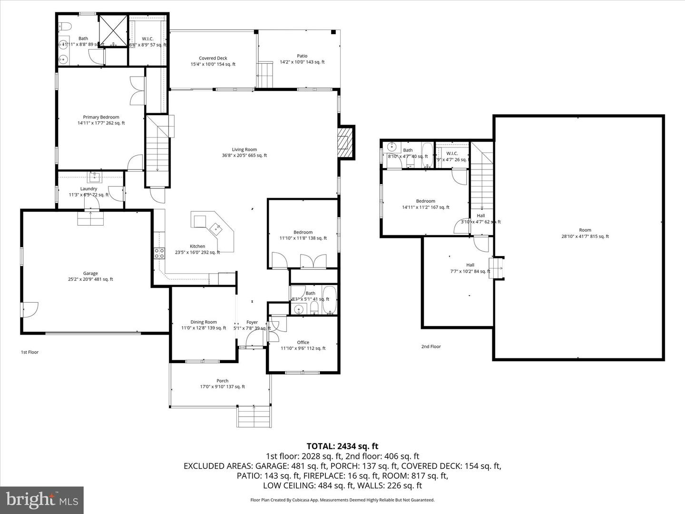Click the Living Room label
[x=244, y=149]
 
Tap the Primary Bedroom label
[x=101, y=117]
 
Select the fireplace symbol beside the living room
[x=345, y=142]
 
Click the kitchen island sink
[x=217, y=228]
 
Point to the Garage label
[x=90, y=273]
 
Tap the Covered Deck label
[x=213, y=58]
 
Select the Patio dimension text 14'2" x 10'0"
[x=302, y=62]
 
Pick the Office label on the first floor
[x=303, y=342]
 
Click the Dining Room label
[x=204, y=322]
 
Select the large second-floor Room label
[x=585, y=230]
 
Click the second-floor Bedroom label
[x=425, y=201]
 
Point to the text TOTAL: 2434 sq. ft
[x=342, y=446]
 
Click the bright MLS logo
[x=42, y=500]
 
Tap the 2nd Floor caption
[x=431, y=346]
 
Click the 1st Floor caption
[x=29, y=352]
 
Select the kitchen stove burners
[x=159, y=253]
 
